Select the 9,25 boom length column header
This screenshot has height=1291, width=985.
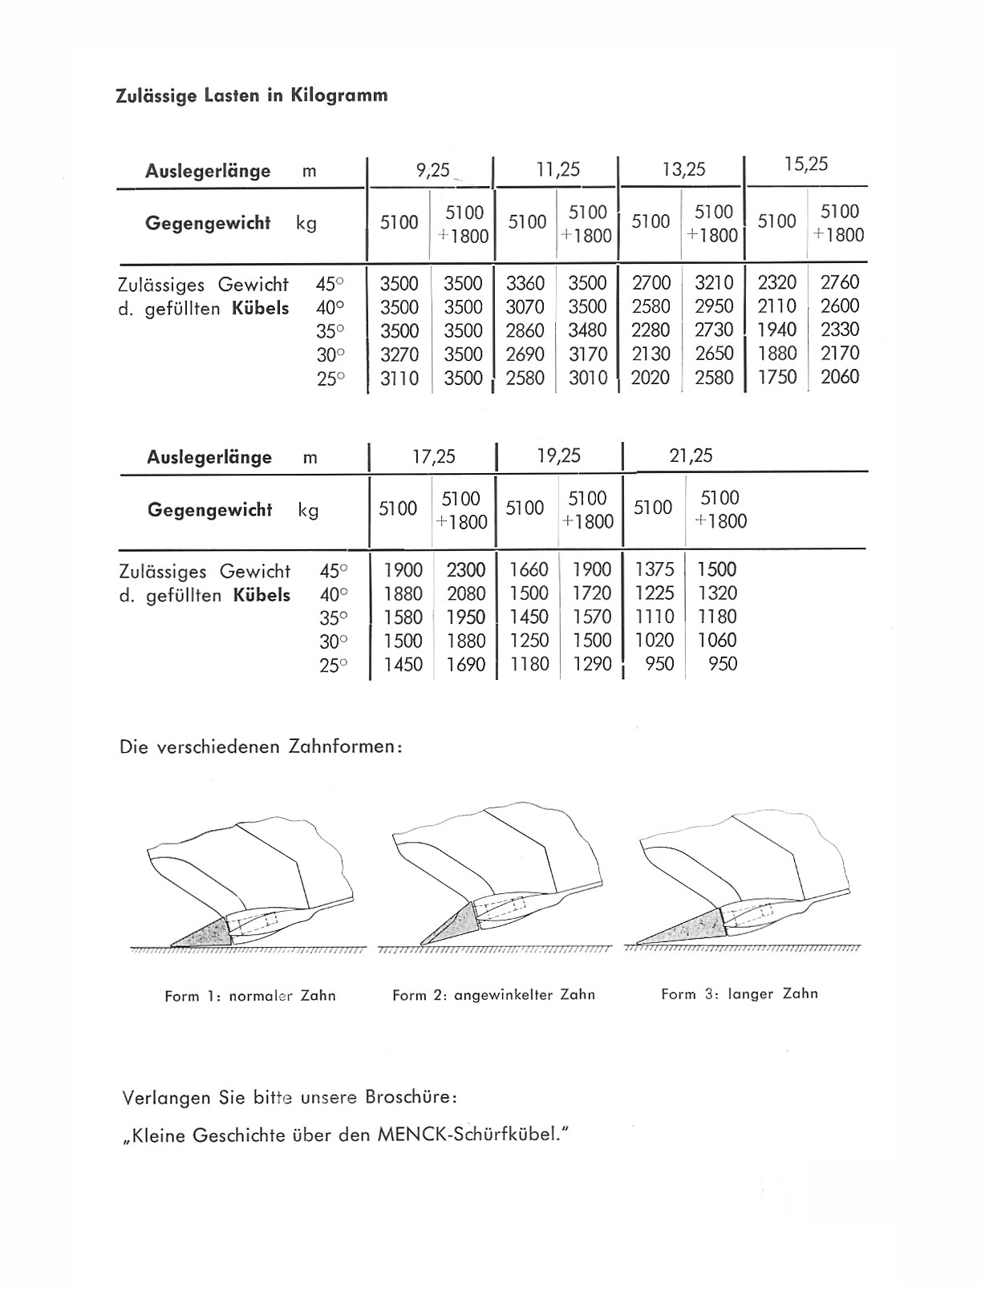pos(432,169)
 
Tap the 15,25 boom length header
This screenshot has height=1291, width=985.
pos(806,164)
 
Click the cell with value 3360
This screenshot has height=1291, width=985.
pos(525,283)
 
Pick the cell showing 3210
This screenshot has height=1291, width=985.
pos(714,283)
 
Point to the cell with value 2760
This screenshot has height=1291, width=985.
pos(840,282)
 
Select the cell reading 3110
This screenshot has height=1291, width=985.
pos(399,378)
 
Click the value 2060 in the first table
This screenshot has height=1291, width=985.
pos(840,377)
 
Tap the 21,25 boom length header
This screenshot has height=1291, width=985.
pos(691,455)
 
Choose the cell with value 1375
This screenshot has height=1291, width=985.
pos(655,569)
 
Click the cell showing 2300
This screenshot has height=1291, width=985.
pos(466,569)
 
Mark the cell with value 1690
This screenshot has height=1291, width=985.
pos(466,664)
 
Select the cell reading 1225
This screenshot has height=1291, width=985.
pos(655,593)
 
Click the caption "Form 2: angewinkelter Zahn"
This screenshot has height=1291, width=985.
pos(493,995)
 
